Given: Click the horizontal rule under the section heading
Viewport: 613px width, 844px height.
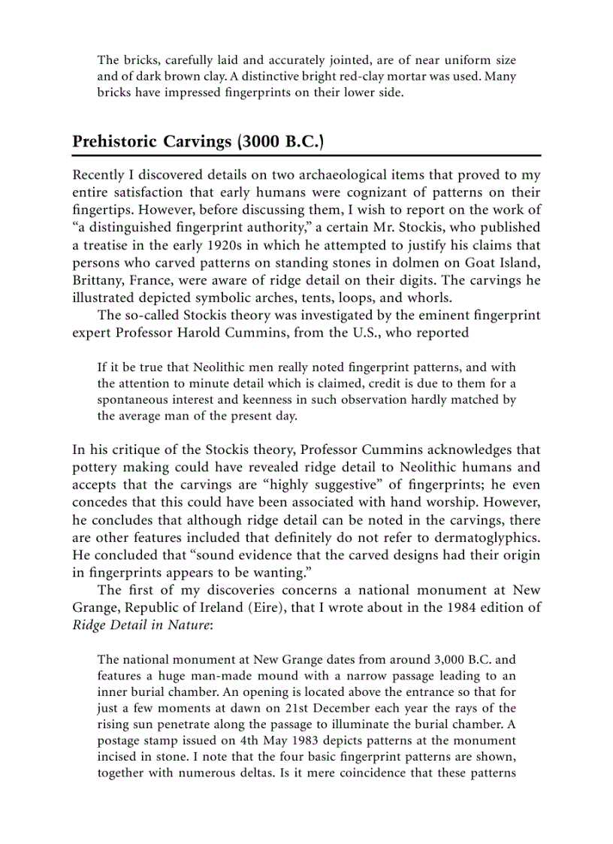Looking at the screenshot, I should coord(306,155).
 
